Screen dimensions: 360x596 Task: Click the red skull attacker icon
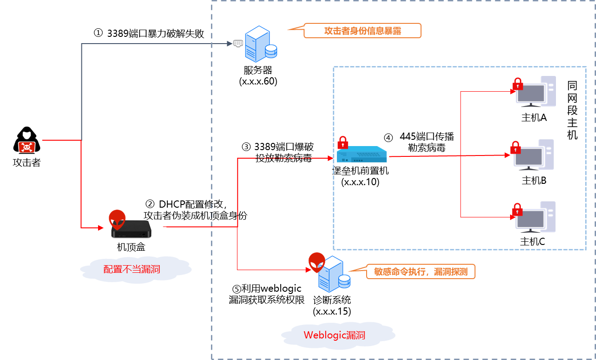coord(27,147)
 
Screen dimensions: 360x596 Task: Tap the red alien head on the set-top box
coord(117,219)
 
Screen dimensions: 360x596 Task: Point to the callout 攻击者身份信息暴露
coord(362,31)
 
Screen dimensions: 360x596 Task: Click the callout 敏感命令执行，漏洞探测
coord(420,271)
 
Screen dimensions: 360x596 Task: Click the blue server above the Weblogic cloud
coord(333,275)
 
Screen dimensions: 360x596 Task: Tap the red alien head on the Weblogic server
coord(317,261)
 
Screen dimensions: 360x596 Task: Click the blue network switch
coord(362,155)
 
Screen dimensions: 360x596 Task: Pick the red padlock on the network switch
coord(343,143)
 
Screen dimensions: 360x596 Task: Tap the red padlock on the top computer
coord(518,84)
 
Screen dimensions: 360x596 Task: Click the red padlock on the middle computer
coord(515,147)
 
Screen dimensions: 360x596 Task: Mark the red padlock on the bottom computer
coord(517,209)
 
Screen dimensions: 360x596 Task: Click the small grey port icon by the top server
coord(238,43)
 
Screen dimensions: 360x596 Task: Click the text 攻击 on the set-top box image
coord(152,215)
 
